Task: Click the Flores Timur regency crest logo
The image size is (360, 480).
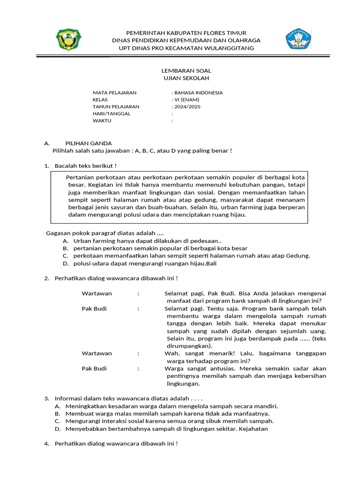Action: click(x=69, y=39)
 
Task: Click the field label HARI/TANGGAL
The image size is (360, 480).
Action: click(x=112, y=113)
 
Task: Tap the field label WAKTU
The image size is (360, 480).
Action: click(x=102, y=120)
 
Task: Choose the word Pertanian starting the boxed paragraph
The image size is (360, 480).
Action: click(x=81, y=178)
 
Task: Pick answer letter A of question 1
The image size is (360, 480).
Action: click(x=65, y=240)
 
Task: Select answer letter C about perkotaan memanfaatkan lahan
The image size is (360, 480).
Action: click(x=65, y=255)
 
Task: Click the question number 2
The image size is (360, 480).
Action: click(x=46, y=278)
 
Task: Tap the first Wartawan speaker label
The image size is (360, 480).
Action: click(x=97, y=293)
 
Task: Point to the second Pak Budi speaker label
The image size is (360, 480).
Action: click(x=94, y=368)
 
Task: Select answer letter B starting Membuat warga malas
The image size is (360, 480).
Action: click(x=57, y=413)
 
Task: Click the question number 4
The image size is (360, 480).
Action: click(x=46, y=443)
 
